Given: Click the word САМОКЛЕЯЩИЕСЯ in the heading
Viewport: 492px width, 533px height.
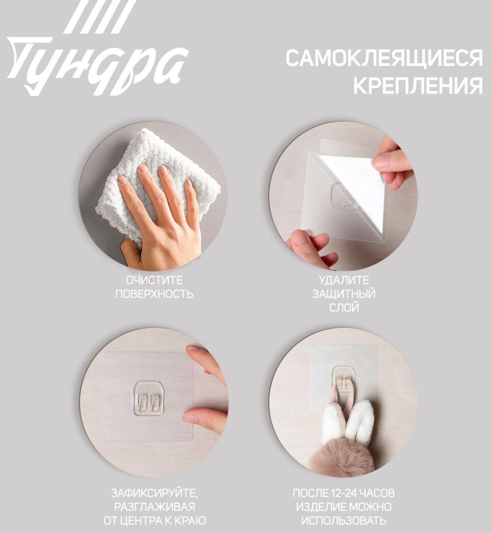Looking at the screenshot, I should (384, 58).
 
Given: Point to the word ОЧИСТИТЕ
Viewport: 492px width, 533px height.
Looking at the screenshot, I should (154, 280).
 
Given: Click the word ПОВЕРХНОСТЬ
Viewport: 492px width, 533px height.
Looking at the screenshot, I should (154, 294).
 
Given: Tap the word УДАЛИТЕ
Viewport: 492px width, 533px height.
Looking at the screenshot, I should (344, 280).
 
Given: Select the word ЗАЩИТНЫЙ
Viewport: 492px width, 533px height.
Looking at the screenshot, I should (344, 294).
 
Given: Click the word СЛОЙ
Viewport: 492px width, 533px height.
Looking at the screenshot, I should (344, 307).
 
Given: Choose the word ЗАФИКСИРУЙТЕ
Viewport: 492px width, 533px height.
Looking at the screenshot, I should (154, 493).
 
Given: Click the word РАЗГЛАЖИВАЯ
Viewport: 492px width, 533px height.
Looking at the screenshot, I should (154, 507).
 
